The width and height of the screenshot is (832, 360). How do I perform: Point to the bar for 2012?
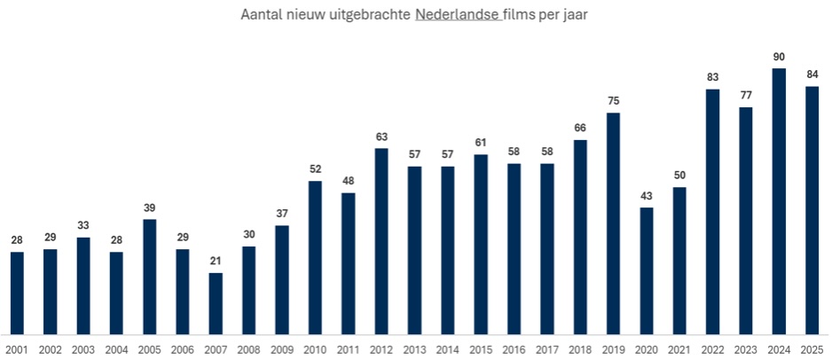click(381, 240)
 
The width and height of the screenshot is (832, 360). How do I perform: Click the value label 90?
click(779, 57)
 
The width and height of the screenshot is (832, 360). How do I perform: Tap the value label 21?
click(216, 262)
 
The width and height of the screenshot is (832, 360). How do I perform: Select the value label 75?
click(613, 101)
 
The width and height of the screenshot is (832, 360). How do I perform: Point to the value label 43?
click(647, 196)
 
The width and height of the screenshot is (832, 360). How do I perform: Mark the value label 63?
click(381, 137)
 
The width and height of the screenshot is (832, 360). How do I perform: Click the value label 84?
click(812, 74)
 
